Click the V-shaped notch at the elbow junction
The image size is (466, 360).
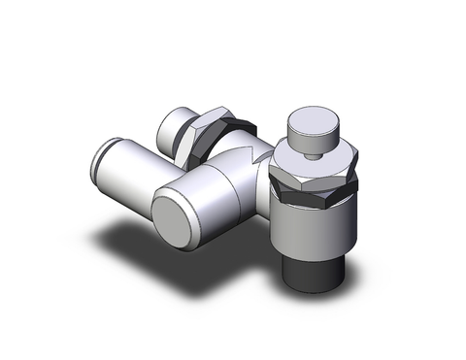point(255,150)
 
